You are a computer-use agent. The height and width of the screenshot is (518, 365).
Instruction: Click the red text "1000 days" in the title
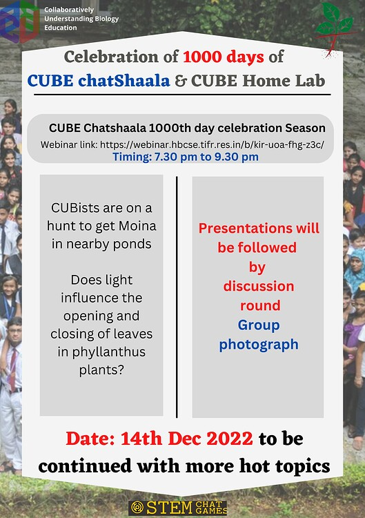[224, 57]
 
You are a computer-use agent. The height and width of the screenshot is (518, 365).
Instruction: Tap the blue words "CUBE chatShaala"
[99, 81]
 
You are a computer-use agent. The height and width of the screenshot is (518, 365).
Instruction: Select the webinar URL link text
[213, 144]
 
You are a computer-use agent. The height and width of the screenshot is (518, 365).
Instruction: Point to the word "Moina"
[137, 226]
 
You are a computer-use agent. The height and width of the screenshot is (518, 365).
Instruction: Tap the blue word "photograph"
[259, 345]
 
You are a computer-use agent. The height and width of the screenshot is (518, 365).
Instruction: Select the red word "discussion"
[259, 286]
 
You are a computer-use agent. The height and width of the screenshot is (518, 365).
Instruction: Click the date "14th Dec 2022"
[187, 439]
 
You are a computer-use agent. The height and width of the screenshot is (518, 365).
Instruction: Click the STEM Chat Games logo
[178, 508]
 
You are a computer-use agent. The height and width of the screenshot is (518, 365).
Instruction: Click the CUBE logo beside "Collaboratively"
[19, 21]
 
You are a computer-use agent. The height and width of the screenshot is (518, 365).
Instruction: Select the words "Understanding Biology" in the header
[81, 19]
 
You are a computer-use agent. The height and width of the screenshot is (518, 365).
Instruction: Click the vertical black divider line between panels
[177, 297]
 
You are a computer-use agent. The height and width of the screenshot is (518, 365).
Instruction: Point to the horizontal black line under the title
[182, 95]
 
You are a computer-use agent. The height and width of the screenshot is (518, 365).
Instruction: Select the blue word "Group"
[259, 325]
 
